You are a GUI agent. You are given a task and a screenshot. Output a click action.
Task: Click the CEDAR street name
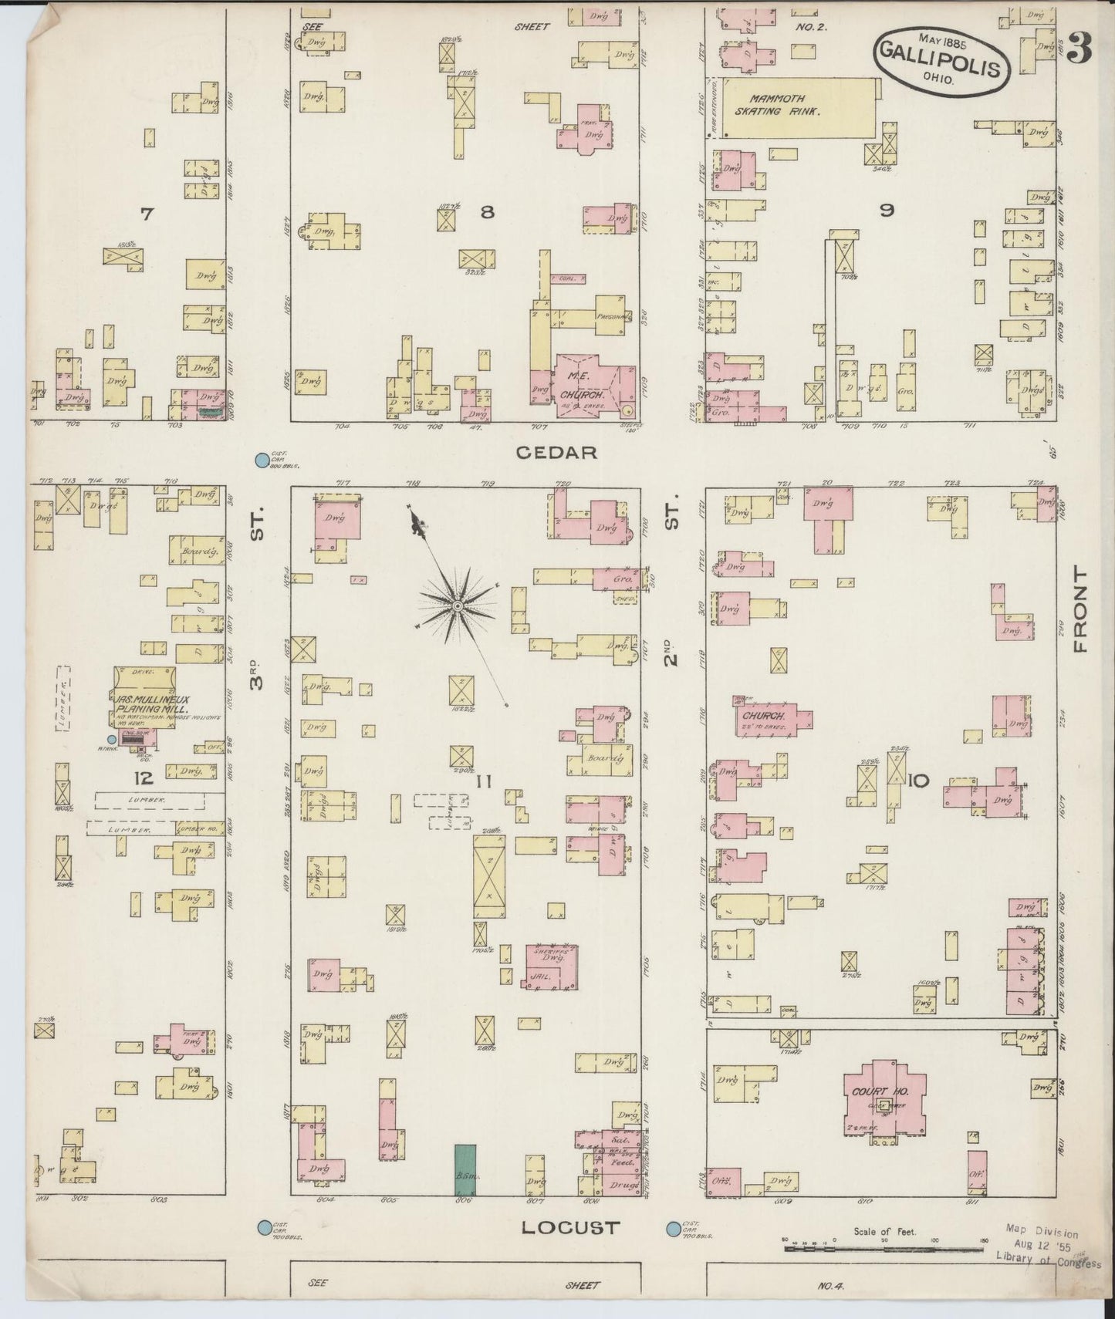coord(556,453)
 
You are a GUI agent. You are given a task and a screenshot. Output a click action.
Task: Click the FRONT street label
coord(1078,609)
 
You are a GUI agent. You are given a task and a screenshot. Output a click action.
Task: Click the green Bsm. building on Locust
coord(465,1169)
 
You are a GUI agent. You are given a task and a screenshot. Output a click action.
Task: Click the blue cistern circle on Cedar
coord(262,460)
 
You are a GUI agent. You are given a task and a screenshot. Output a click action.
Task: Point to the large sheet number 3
coord(1080,50)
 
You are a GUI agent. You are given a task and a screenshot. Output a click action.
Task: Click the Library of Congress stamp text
coord(1046,1263)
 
